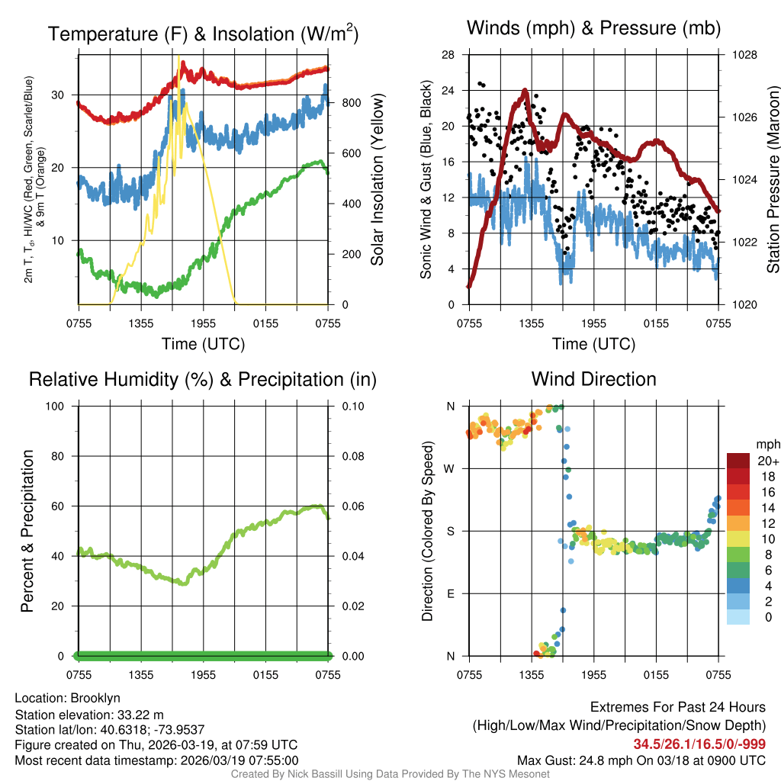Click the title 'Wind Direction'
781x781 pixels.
593,379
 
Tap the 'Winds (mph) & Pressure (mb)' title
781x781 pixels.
593,29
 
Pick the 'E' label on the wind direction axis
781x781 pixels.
450,593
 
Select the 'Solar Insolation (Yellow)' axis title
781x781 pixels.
378,180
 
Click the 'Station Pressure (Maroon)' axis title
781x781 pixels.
773,180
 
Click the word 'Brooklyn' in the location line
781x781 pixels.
95,698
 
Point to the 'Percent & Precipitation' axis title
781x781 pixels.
27,531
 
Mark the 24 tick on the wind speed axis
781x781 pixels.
448,91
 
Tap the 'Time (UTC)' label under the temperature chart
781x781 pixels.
203,344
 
